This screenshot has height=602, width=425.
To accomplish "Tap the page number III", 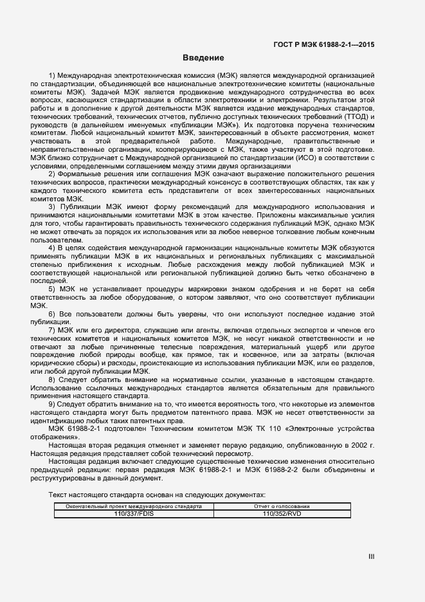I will click(x=371, y=557).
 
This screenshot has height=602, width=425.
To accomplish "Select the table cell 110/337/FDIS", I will click(x=129, y=513).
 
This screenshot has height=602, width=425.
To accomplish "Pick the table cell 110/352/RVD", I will click(x=282, y=513).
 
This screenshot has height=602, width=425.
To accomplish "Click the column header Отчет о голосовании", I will click(x=282, y=506).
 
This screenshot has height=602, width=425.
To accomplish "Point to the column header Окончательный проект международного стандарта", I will click(x=129, y=506).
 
